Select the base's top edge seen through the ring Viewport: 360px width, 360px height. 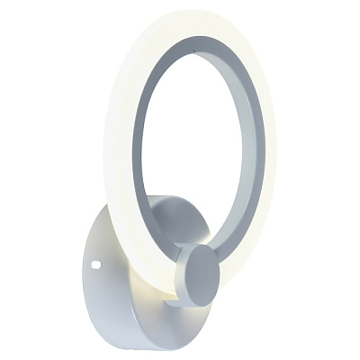(x=171, y=202)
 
